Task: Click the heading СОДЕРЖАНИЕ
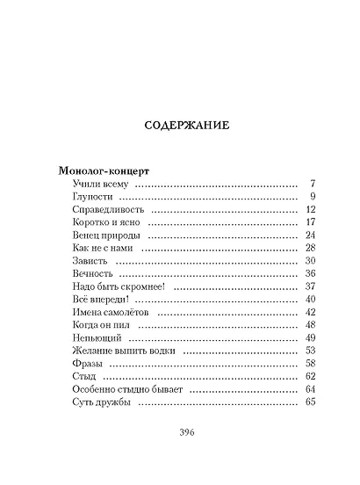pyautogui.click(x=186, y=125)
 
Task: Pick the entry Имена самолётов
pyautogui.click(x=109, y=313)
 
